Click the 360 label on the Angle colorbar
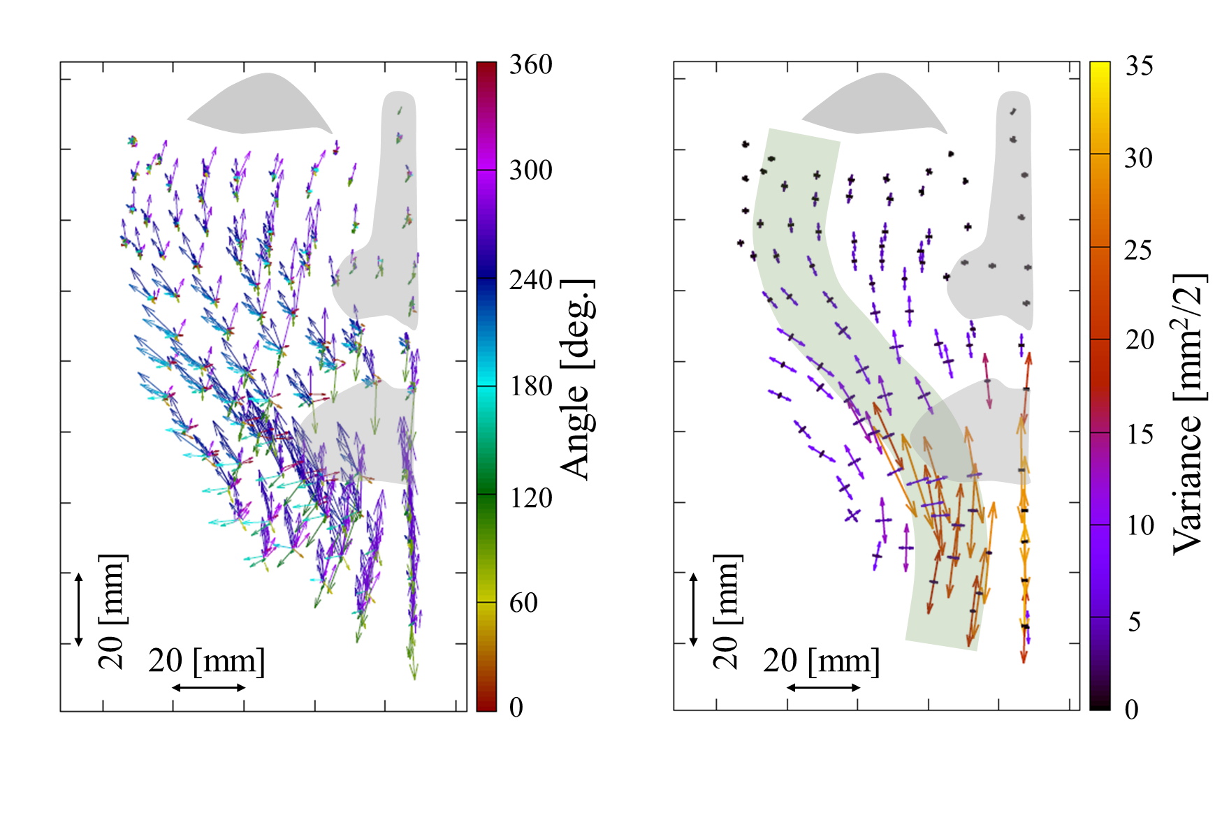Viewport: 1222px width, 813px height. click(530, 65)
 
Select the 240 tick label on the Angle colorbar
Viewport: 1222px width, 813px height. click(530, 281)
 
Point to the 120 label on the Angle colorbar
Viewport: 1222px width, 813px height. click(530, 498)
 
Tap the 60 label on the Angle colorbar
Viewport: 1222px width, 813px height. click(523, 603)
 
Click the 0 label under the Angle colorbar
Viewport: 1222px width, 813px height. click(516, 708)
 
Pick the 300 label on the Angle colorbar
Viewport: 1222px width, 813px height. click(530, 170)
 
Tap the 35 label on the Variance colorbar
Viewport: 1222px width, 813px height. click(1140, 66)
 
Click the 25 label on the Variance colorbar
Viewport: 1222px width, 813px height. click(1138, 250)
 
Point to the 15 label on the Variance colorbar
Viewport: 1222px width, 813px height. click(1140, 434)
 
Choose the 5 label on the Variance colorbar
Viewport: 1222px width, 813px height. click(1134, 621)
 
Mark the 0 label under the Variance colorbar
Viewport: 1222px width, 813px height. click(1132, 710)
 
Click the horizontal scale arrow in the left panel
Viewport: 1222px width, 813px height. click(208, 688)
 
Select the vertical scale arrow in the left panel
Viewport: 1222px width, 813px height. click(79, 609)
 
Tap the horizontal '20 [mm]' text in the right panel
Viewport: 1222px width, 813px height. click(821, 661)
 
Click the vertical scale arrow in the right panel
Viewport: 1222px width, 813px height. click(694, 609)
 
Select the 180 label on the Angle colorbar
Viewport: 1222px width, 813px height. click(530, 386)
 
